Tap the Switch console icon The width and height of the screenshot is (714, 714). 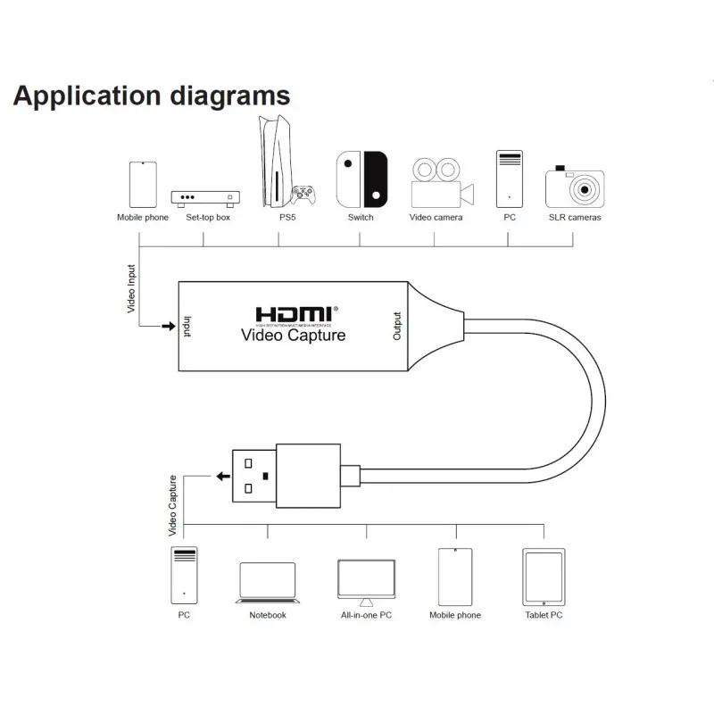coord(361,178)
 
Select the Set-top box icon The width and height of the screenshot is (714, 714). coord(207,197)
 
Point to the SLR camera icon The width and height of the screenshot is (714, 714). coord(575,187)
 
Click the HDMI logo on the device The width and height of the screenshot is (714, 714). coord(294,315)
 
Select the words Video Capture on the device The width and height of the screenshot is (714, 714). coord(294,336)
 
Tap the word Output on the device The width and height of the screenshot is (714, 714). coord(398,326)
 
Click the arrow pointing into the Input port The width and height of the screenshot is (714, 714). coord(167,327)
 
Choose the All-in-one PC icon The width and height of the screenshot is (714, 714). coord(366,581)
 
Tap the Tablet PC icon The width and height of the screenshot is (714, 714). coord(544,577)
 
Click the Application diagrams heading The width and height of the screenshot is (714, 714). coord(152,95)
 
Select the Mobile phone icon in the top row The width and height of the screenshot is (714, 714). coord(143,185)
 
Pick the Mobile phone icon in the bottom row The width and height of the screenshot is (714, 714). coord(454,577)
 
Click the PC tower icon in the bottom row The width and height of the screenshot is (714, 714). coord(184,577)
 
